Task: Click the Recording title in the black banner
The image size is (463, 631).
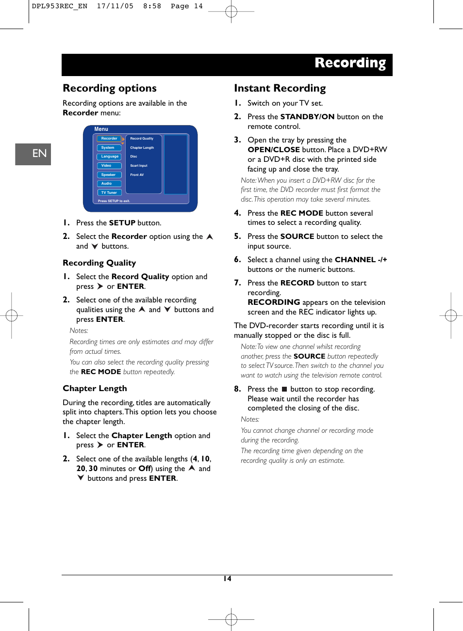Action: (350, 63)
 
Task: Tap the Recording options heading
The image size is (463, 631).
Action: (110, 88)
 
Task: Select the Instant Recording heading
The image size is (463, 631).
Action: (280, 88)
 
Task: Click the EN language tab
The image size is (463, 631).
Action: (33, 154)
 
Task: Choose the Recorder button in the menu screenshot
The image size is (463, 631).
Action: (109, 139)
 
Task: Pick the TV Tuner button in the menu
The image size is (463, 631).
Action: (109, 193)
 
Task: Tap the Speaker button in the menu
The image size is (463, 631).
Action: (109, 175)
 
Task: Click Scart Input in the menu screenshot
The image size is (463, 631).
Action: (139, 166)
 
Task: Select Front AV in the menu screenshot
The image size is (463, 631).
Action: (137, 175)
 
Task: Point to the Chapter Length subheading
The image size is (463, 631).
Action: (95, 389)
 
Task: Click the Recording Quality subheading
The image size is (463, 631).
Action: (99, 263)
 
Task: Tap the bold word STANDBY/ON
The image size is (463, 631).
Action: (307, 117)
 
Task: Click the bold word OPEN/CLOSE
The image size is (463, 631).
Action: (274, 150)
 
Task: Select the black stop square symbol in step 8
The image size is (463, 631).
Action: (284, 389)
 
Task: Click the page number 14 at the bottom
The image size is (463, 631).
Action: (227, 579)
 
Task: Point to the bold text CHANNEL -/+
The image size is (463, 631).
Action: (361, 260)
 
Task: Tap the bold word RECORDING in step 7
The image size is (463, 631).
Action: (274, 302)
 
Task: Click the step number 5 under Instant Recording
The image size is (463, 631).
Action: (237, 237)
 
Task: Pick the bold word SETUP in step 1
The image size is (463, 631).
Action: (122, 223)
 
